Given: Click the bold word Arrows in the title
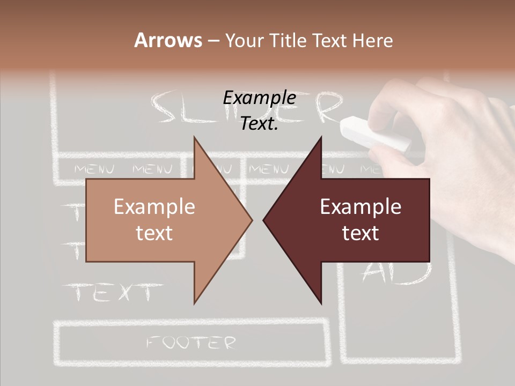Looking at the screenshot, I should (x=168, y=40).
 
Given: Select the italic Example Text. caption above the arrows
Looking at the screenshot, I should (x=259, y=110).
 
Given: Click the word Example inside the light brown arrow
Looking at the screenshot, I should (x=154, y=207).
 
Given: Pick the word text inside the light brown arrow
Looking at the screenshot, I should (x=154, y=233).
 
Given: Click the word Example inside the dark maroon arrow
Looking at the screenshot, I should (x=360, y=207).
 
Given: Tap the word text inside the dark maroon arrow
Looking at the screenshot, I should (x=360, y=233).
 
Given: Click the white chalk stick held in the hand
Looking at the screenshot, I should (x=376, y=133).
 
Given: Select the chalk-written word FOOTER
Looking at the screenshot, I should (x=192, y=343).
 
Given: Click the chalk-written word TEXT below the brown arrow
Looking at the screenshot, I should (x=113, y=293).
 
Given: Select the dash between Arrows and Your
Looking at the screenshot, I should (x=213, y=40).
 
